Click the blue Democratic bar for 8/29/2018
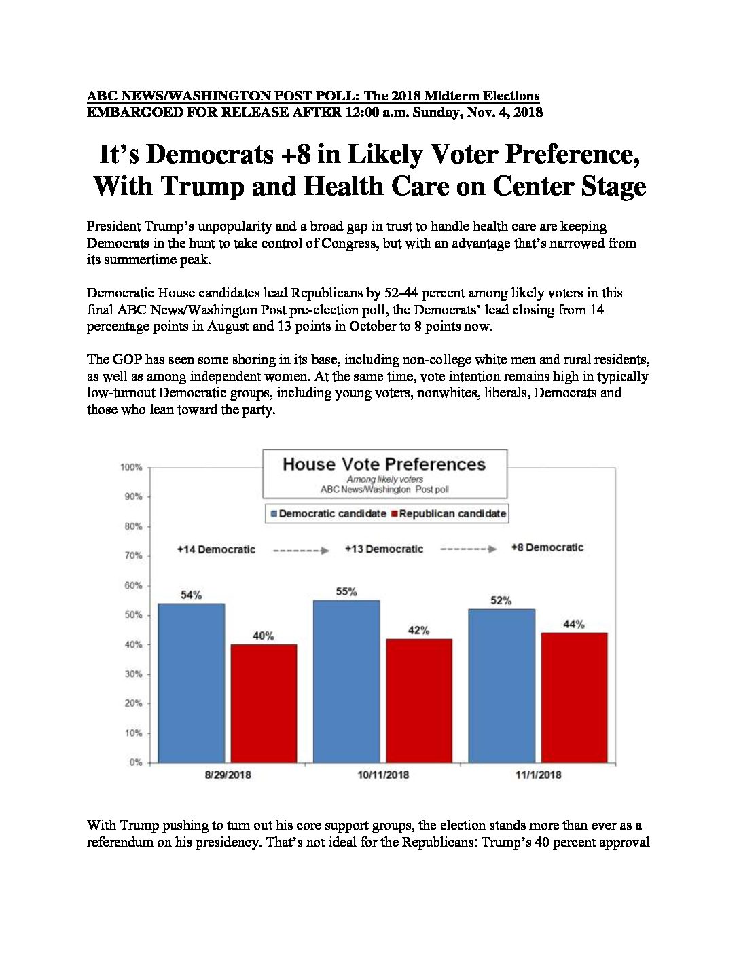point(191,683)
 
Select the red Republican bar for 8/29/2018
point(264,703)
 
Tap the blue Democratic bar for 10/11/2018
point(346,682)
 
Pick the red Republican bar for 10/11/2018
point(419,701)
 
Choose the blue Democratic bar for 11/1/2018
point(502,686)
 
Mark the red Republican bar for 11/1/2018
point(575,698)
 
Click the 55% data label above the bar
point(346,591)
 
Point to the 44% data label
point(574,624)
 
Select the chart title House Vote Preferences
point(384,464)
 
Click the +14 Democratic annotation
point(216,549)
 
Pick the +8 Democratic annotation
point(547,547)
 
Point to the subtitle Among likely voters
point(384,479)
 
